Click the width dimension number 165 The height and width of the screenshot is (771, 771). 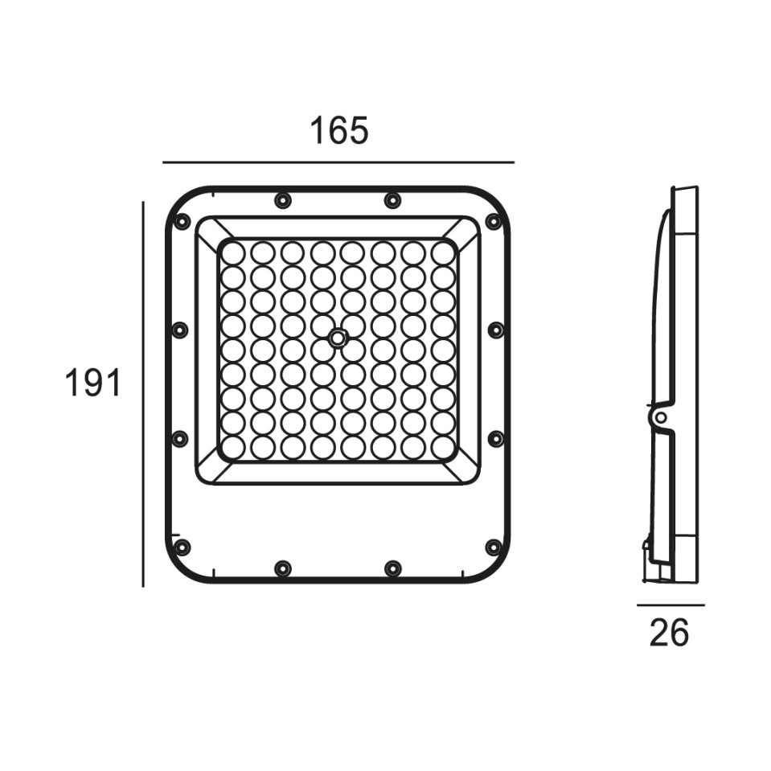pos(338,131)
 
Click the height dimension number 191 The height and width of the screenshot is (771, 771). pos(93,383)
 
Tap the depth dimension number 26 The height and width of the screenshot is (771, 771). pos(669,633)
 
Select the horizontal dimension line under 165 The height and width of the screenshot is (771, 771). pos(338,162)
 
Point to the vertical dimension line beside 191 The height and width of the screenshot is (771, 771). pos(143,394)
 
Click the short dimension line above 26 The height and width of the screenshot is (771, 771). pos(671,605)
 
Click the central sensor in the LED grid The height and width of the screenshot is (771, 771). pos(338,338)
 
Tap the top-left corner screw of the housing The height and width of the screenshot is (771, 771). pos(182,221)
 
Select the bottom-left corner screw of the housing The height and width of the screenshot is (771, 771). pos(182,546)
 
